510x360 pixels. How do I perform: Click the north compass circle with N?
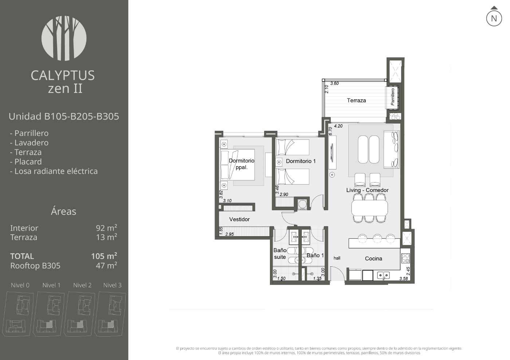point(494,18)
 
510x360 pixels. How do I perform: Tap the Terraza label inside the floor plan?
point(356,101)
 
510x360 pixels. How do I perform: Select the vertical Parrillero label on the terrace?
point(393,97)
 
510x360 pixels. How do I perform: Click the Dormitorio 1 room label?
point(301,161)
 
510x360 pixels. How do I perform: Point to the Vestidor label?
point(239,219)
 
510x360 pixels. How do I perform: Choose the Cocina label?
point(373,258)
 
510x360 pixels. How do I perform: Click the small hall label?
point(337,258)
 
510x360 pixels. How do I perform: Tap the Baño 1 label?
point(315,255)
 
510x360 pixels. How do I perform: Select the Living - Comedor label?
point(367,190)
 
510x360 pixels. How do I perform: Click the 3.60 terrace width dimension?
point(334,83)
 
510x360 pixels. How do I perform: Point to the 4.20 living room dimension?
point(338,126)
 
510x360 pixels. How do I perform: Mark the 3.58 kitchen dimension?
point(404,278)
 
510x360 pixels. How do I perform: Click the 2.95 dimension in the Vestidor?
point(229,234)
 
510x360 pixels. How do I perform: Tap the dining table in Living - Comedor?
point(369,208)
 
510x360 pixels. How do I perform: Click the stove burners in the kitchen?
point(405,258)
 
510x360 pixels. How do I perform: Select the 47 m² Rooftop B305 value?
point(106,265)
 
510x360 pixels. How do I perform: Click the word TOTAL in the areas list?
point(22,257)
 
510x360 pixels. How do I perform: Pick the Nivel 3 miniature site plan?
point(110,314)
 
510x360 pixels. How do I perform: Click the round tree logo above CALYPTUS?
point(64,38)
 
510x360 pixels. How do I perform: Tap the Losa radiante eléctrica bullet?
point(54,171)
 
